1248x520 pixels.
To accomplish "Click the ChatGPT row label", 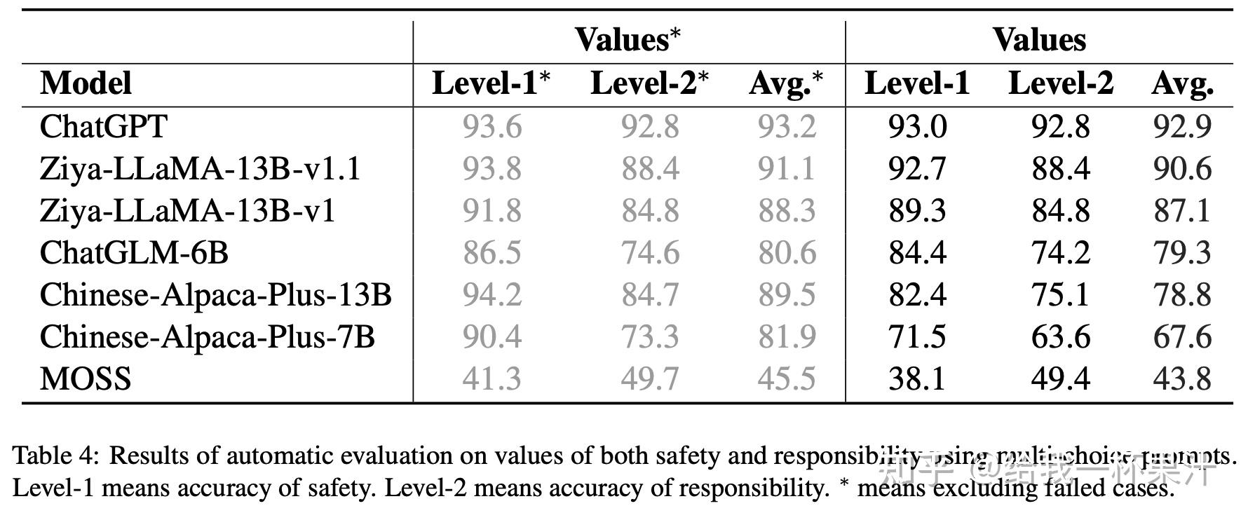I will pyautogui.click(x=103, y=127).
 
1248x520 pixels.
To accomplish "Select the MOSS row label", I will pyautogui.click(x=86, y=379).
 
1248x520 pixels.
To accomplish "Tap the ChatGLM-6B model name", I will pyautogui.click(x=134, y=253).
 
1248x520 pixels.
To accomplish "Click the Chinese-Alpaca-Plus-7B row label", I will pyautogui.click(x=207, y=337).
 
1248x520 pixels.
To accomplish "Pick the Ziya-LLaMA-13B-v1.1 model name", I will pyautogui.click(x=200, y=169).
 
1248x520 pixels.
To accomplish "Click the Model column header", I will pyautogui.click(x=86, y=83).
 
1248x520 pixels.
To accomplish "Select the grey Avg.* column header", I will pyautogui.click(x=786, y=83).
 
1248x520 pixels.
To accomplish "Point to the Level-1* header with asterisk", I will pyautogui.click(x=491, y=83).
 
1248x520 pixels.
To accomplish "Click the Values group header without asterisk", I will pyautogui.click(x=1039, y=40).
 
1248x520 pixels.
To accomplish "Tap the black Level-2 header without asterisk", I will pyautogui.click(x=1060, y=83).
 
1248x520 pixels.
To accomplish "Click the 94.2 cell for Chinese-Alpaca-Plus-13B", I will pyautogui.click(x=491, y=295).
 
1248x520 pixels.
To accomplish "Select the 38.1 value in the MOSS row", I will pyautogui.click(x=916, y=379).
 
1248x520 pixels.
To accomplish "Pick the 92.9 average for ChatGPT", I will pyautogui.click(x=1182, y=127).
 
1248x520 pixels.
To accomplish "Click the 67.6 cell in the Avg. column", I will pyautogui.click(x=1182, y=337).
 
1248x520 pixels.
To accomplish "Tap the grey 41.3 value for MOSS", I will pyautogui.click(x=491, y=379).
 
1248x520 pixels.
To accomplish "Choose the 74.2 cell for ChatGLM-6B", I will pyautogui.click(x=1060, y=253).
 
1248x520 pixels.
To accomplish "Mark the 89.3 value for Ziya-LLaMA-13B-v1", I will pyautogui.click(x=916, y=211).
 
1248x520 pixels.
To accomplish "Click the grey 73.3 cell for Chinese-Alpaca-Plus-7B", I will pyautogui.click(x=650, y=337).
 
